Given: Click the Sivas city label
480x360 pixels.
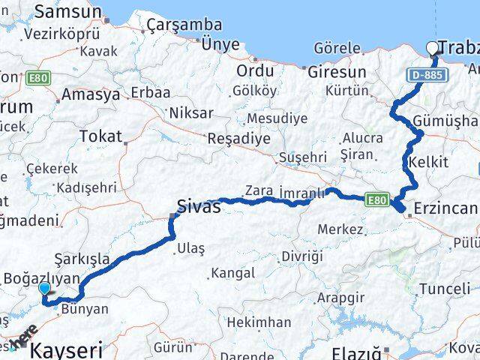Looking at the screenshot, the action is click(199, 206).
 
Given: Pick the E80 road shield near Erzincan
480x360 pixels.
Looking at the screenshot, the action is click(377, 199).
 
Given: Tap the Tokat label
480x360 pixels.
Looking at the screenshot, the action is click(100, 137).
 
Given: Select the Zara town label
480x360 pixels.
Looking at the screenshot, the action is click(259, 191).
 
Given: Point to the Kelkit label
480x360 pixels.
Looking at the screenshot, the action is click(428, 162).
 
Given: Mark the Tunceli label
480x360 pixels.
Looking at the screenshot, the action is click(445, 289).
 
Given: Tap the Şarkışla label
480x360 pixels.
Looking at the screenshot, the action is click(82, 259).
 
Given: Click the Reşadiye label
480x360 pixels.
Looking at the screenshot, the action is click(238, 139).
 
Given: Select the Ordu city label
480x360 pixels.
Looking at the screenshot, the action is click(256, 71).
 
